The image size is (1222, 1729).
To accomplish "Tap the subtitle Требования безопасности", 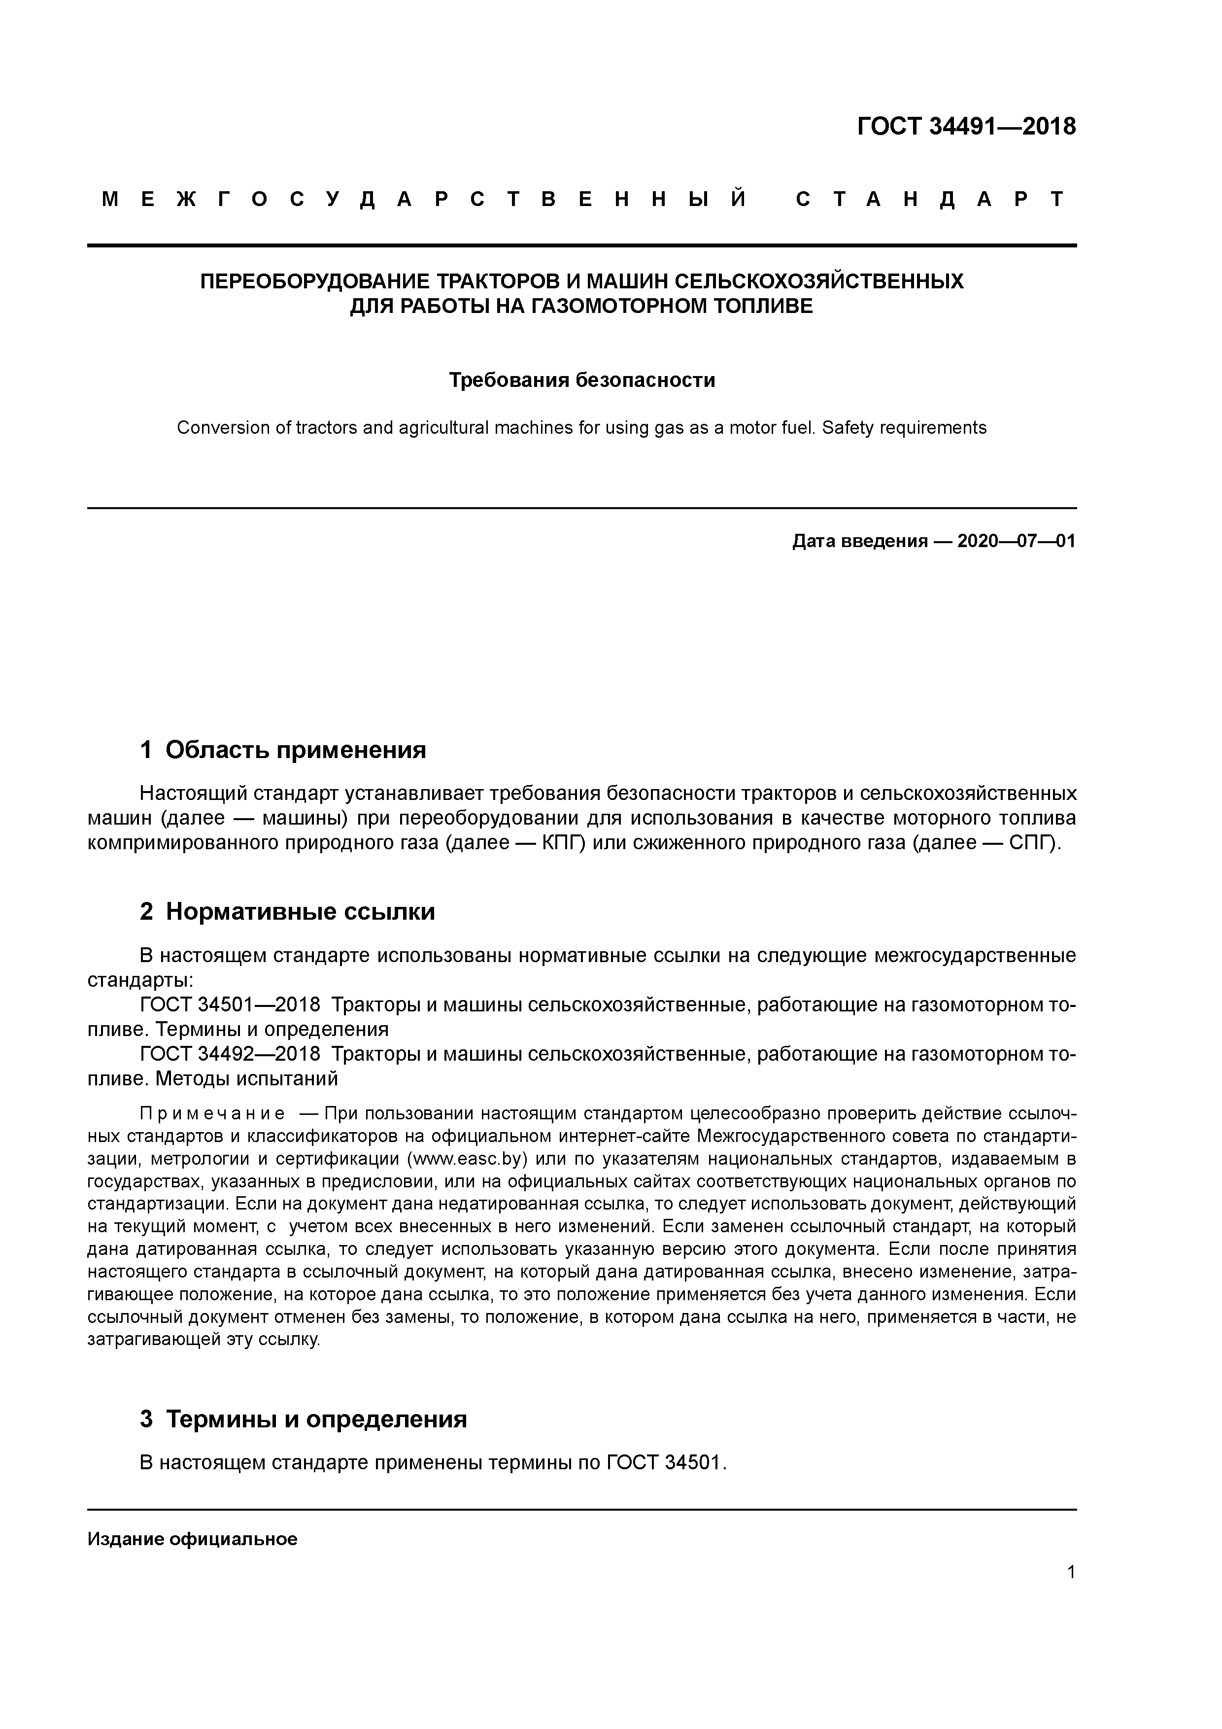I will [x=581, y=380].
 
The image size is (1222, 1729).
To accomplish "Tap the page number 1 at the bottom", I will [x=1071, y=1572].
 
